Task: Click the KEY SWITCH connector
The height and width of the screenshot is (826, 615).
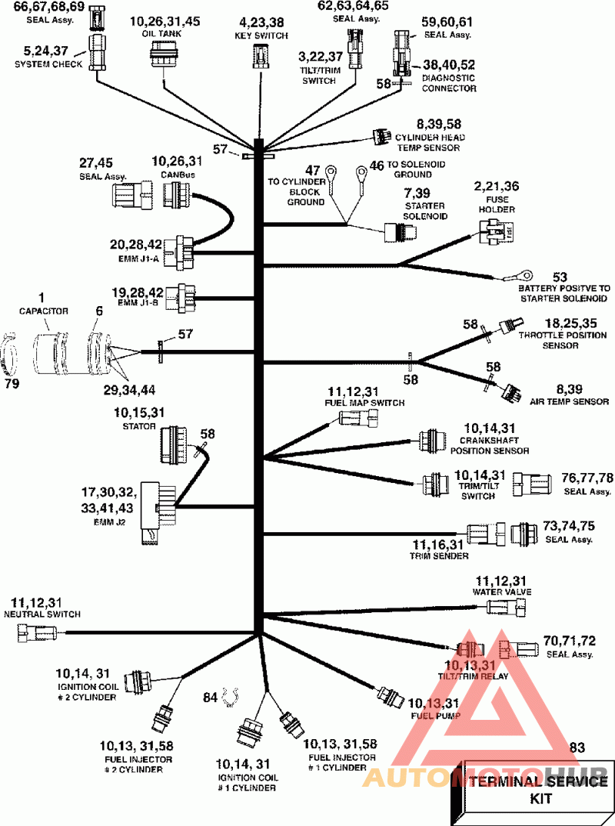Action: tap(260, 56)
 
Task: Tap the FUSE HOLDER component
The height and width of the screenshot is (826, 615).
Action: tap(495, 228)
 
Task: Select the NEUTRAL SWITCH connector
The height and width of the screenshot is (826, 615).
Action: tap(35, 633)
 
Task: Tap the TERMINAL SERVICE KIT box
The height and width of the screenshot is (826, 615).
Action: tap(532, 790)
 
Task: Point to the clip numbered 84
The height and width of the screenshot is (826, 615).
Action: tap(228, 697)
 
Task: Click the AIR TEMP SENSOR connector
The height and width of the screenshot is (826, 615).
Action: tap(509, 391)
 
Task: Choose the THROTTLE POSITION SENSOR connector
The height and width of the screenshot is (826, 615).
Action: tap(507, 325)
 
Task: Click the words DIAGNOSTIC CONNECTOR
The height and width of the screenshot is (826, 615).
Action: tap(449, 83)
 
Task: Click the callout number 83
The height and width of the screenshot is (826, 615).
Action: tap(577, 747)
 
